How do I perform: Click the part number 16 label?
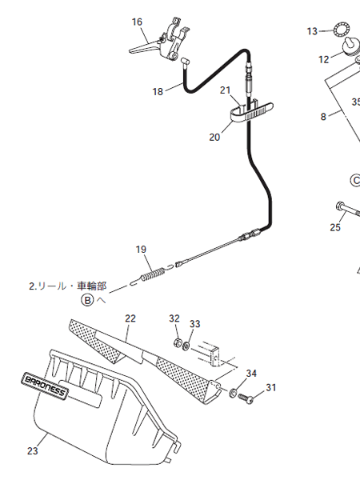[x=137, y=22]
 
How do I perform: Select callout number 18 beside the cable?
[x=158, y=92]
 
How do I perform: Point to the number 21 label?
[x=225, y=90]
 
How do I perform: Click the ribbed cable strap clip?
[x=251, y=112]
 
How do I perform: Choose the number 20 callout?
[x=214, y=138]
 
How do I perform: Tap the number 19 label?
[x=141, y=250]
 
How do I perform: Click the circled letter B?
[x=87, y=300]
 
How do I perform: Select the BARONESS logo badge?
[x=45, y=386]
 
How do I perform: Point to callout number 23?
[x=32, y=450]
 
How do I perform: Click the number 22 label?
[x=130, y=318]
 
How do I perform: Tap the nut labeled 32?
[x=178, y=342]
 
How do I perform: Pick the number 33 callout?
[x=195, y=324]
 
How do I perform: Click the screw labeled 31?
[x=246, y=398]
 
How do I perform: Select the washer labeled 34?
[x=233, y=393]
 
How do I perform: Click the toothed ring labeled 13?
[x=342, y=30]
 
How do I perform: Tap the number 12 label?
[x=324, y=59]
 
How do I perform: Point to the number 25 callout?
[x=335, y=227]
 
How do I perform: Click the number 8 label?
[x=323, y=117]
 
